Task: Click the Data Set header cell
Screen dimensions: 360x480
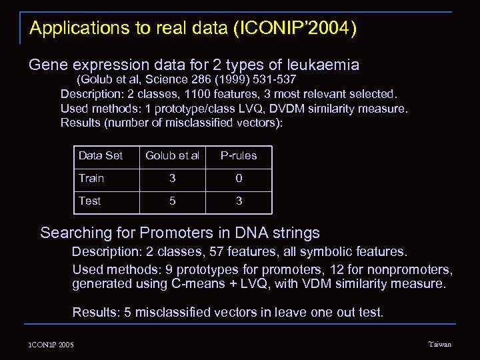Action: (x=101, y=156)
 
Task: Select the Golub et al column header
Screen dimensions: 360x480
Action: (x=172, y=156)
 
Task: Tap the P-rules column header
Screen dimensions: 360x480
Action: (x=239, y=156)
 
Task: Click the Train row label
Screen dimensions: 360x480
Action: (x=91, y=178)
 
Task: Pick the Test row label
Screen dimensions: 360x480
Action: (x=90, y=201)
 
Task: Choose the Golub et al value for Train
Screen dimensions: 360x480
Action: (x=173, y=179)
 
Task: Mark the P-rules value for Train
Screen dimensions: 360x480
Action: (x=239, y=179)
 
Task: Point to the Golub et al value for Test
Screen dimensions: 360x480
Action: (x=173, y=201)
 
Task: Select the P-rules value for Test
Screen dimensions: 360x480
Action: (x=239, y=201)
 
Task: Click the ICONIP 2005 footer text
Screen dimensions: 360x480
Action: (x=51, y=345)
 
